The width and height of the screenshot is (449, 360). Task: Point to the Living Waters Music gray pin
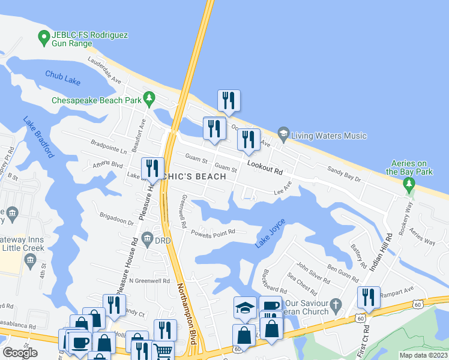pos(283,133)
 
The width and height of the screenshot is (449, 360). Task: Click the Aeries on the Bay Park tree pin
pos(409,184)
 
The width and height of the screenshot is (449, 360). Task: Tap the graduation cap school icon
pos(244,308)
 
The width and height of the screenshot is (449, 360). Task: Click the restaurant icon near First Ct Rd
pos(369,297)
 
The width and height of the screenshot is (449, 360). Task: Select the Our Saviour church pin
pos(336,304)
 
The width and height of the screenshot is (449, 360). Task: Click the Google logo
pos(20,353)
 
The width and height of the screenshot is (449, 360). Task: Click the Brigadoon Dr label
pos(116,221)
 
